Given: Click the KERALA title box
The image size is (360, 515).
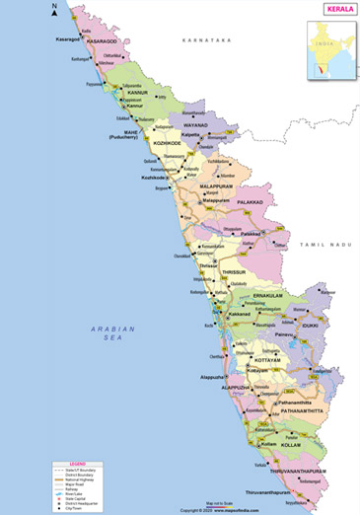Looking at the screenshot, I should [334, 9].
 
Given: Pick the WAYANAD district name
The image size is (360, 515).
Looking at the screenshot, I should [196, 126].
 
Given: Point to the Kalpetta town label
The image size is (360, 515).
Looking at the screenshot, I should [189, 137].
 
